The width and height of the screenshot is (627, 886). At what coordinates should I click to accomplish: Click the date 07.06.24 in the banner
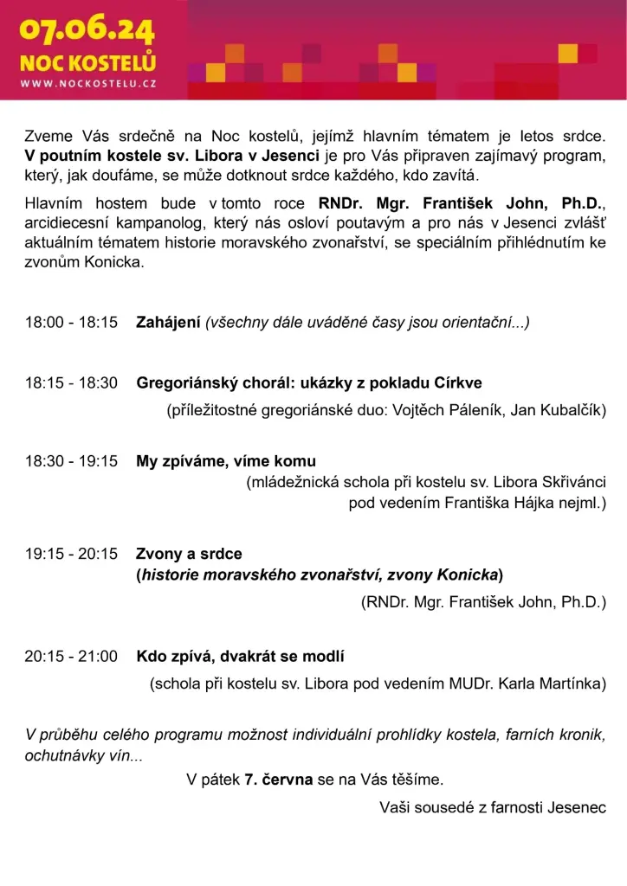(x=87, y=32)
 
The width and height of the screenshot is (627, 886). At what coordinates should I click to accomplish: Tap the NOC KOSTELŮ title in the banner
(x=87, y=63)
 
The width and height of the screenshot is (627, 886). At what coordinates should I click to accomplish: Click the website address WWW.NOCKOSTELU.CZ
(x=87, y=85)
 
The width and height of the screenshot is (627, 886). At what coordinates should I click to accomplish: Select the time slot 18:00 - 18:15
(x=71, y=323)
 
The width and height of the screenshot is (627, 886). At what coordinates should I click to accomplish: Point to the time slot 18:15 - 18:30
(x=71, y=382)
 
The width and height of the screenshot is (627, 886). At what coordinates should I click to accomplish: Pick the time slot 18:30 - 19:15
(x=71, y=461)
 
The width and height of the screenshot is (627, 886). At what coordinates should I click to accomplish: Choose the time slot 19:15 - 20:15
(x=71, y=554)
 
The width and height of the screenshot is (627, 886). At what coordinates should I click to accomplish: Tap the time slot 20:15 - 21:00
(x=71, y=657)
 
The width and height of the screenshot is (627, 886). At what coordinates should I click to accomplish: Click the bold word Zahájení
(x=168, y=323)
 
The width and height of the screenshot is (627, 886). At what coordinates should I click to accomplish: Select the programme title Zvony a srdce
(x=189, y=554)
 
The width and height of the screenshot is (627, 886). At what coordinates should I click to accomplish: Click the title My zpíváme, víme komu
(x=226, y=461)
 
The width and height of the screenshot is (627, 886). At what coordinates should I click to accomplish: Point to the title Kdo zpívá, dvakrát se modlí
(x=240, y=657)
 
